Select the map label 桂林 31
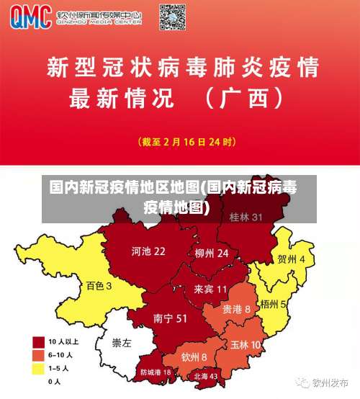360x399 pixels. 246,217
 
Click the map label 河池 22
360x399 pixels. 148,251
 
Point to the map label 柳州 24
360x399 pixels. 211,254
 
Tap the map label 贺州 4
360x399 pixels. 291,259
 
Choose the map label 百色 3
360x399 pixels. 99,285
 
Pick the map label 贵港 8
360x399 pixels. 236,308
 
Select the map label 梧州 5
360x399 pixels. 274,305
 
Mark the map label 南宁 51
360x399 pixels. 171,318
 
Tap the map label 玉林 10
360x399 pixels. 246,345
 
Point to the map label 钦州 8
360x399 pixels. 194,357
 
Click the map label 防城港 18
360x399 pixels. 156,372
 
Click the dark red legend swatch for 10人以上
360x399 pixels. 38,341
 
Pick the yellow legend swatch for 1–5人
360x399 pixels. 38,368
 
